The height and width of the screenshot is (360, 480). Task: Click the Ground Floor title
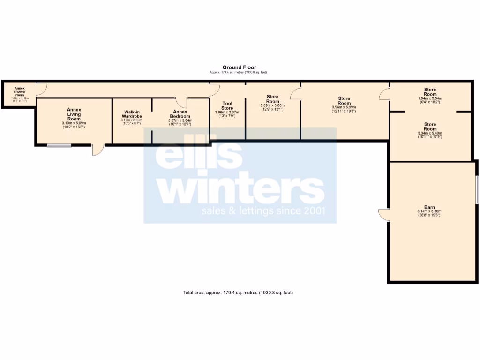tap(239, 67)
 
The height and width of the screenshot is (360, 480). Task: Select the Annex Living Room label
tap(74, 114)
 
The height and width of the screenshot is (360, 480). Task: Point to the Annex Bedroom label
tap(180, 114)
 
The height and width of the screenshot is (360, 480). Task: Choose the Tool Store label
tap(227, 105)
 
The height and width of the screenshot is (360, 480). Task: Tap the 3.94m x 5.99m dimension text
tap(344, 106)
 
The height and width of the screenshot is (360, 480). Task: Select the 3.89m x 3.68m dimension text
tap(272, 105)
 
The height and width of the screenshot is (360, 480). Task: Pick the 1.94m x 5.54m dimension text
tap(430, 98)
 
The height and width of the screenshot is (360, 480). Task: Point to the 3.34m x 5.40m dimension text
tap(430, 133)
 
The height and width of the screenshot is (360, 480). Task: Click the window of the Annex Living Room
tap(59, 145)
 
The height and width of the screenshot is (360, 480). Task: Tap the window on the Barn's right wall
tap(477, 189)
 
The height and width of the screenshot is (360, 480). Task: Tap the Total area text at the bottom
tap(238, 292)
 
